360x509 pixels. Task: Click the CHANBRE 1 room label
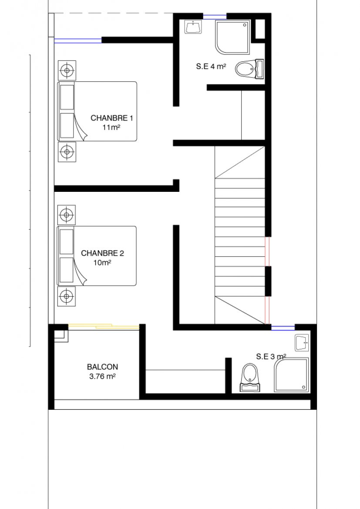click(112, 118)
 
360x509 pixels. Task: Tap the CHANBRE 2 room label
click(102, 253)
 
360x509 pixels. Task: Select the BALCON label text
click(102, 367)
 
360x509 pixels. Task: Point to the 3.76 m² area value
click(102, 376)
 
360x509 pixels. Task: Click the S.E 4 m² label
click(211, 67)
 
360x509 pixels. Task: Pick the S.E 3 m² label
click(271, 356)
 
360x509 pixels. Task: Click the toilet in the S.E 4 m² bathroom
click(249, 69)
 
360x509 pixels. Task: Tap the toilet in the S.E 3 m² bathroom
click(250, 377)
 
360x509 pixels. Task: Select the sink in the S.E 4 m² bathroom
click(193, 27)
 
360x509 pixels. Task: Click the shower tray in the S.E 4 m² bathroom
click(232, 37)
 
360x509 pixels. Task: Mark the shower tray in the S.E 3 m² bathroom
click(292, 375)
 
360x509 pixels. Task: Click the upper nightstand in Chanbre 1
click(67, 70)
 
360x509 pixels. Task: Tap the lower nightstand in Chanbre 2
click(67, 296)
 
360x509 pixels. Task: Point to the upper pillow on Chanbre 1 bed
click(67, 97)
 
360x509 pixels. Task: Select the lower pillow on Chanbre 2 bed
click(67, 270)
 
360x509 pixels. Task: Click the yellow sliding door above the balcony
click(104, 326)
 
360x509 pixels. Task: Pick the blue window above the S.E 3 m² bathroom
click(283, 328)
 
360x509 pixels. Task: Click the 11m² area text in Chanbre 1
click(111, 127)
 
